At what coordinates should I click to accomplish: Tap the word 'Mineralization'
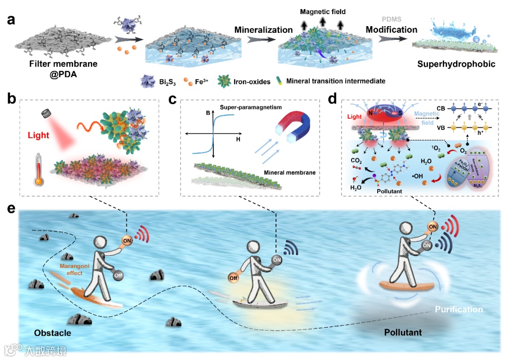263,30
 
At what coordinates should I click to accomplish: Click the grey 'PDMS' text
391,19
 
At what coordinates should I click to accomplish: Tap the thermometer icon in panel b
40,173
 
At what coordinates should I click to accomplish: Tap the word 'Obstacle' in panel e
52,333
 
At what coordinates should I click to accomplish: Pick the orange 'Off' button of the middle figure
233,278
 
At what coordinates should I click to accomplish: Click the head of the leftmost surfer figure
102,242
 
